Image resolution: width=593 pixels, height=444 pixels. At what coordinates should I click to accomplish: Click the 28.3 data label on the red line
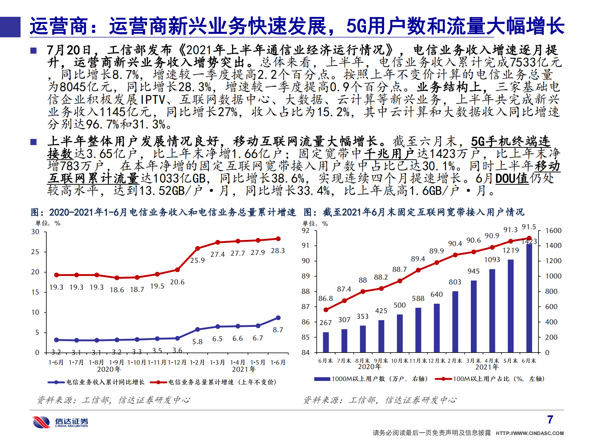tap(278, 251)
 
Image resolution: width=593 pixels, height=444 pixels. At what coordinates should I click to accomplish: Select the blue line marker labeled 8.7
tap(278, 318)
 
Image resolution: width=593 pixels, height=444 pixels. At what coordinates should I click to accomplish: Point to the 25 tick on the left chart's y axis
tap(35, 252)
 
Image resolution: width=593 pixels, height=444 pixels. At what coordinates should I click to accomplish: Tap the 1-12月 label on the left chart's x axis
tap(177, 362)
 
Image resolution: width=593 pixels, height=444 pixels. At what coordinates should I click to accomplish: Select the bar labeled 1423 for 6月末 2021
tap(529, 298)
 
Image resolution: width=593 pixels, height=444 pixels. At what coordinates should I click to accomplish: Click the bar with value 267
tap(326, 342)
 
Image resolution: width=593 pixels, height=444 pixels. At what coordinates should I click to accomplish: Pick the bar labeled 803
tap(455, 322)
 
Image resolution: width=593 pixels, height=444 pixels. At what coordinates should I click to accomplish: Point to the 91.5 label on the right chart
tap(529, 227)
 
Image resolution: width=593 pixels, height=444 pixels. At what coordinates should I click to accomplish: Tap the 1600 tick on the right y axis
tap(553, 231)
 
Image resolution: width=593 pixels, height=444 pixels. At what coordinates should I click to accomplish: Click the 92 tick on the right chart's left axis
tap(306, 231)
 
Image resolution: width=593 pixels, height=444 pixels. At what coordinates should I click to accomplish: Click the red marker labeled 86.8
tap(326, 310)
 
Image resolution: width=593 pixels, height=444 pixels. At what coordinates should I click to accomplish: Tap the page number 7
tap(550, 420)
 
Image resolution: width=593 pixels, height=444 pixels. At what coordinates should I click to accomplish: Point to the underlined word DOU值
tap(512, 178)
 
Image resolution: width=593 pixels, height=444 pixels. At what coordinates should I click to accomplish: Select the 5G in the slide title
tap(356, 26)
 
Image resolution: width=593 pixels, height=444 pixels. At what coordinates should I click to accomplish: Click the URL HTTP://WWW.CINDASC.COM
tap(529, 433)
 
